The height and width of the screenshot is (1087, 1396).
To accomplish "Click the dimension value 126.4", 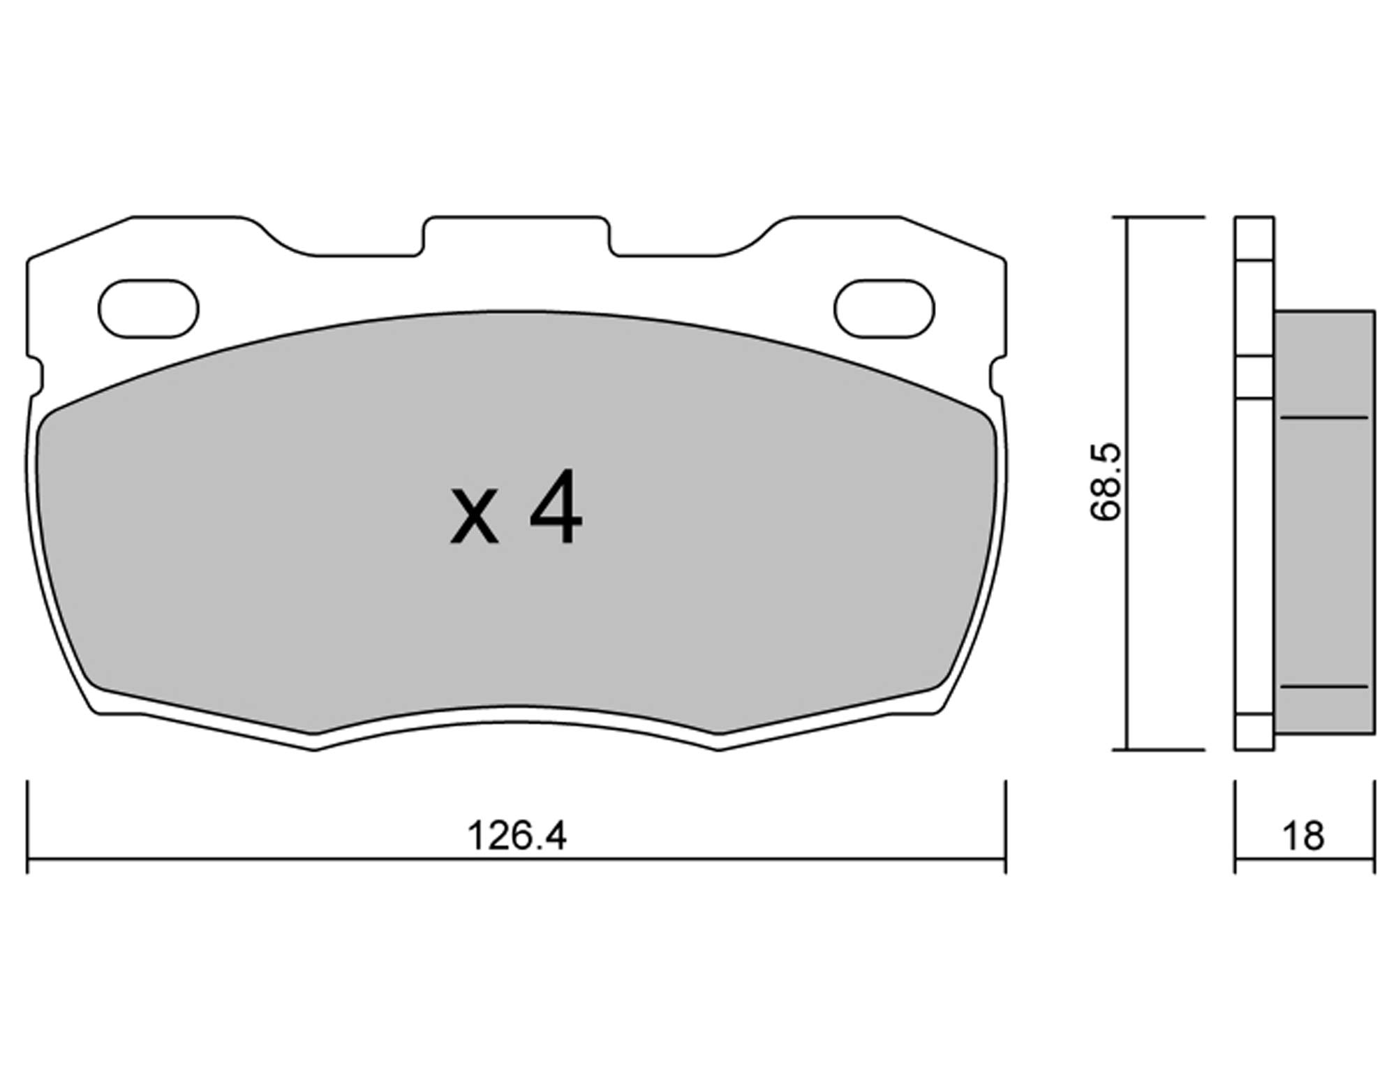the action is (517, 835).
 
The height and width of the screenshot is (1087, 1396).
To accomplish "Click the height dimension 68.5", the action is (1106, 482).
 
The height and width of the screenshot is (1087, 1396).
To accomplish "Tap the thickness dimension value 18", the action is (1302, 836).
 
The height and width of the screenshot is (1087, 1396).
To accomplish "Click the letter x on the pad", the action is (475, 517).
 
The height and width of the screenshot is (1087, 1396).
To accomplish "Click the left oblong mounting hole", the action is (149, 309).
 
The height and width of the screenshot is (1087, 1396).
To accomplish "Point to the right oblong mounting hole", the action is (884, 309).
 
